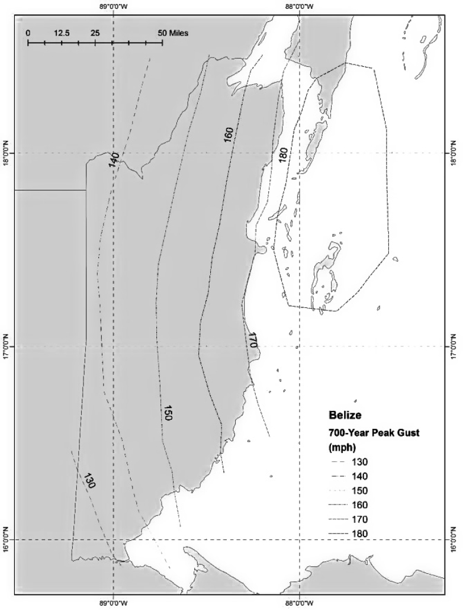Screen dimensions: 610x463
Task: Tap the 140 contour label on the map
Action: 114,159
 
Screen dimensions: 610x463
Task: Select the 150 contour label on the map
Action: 167,413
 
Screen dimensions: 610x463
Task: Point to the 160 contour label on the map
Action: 228,134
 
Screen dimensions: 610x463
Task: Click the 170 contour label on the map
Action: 252,340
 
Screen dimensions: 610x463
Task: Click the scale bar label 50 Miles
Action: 173,33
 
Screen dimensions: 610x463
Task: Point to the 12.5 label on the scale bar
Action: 62,33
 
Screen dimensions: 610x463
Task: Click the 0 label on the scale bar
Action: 28,33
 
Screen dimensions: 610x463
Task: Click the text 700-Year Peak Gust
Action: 374,433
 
